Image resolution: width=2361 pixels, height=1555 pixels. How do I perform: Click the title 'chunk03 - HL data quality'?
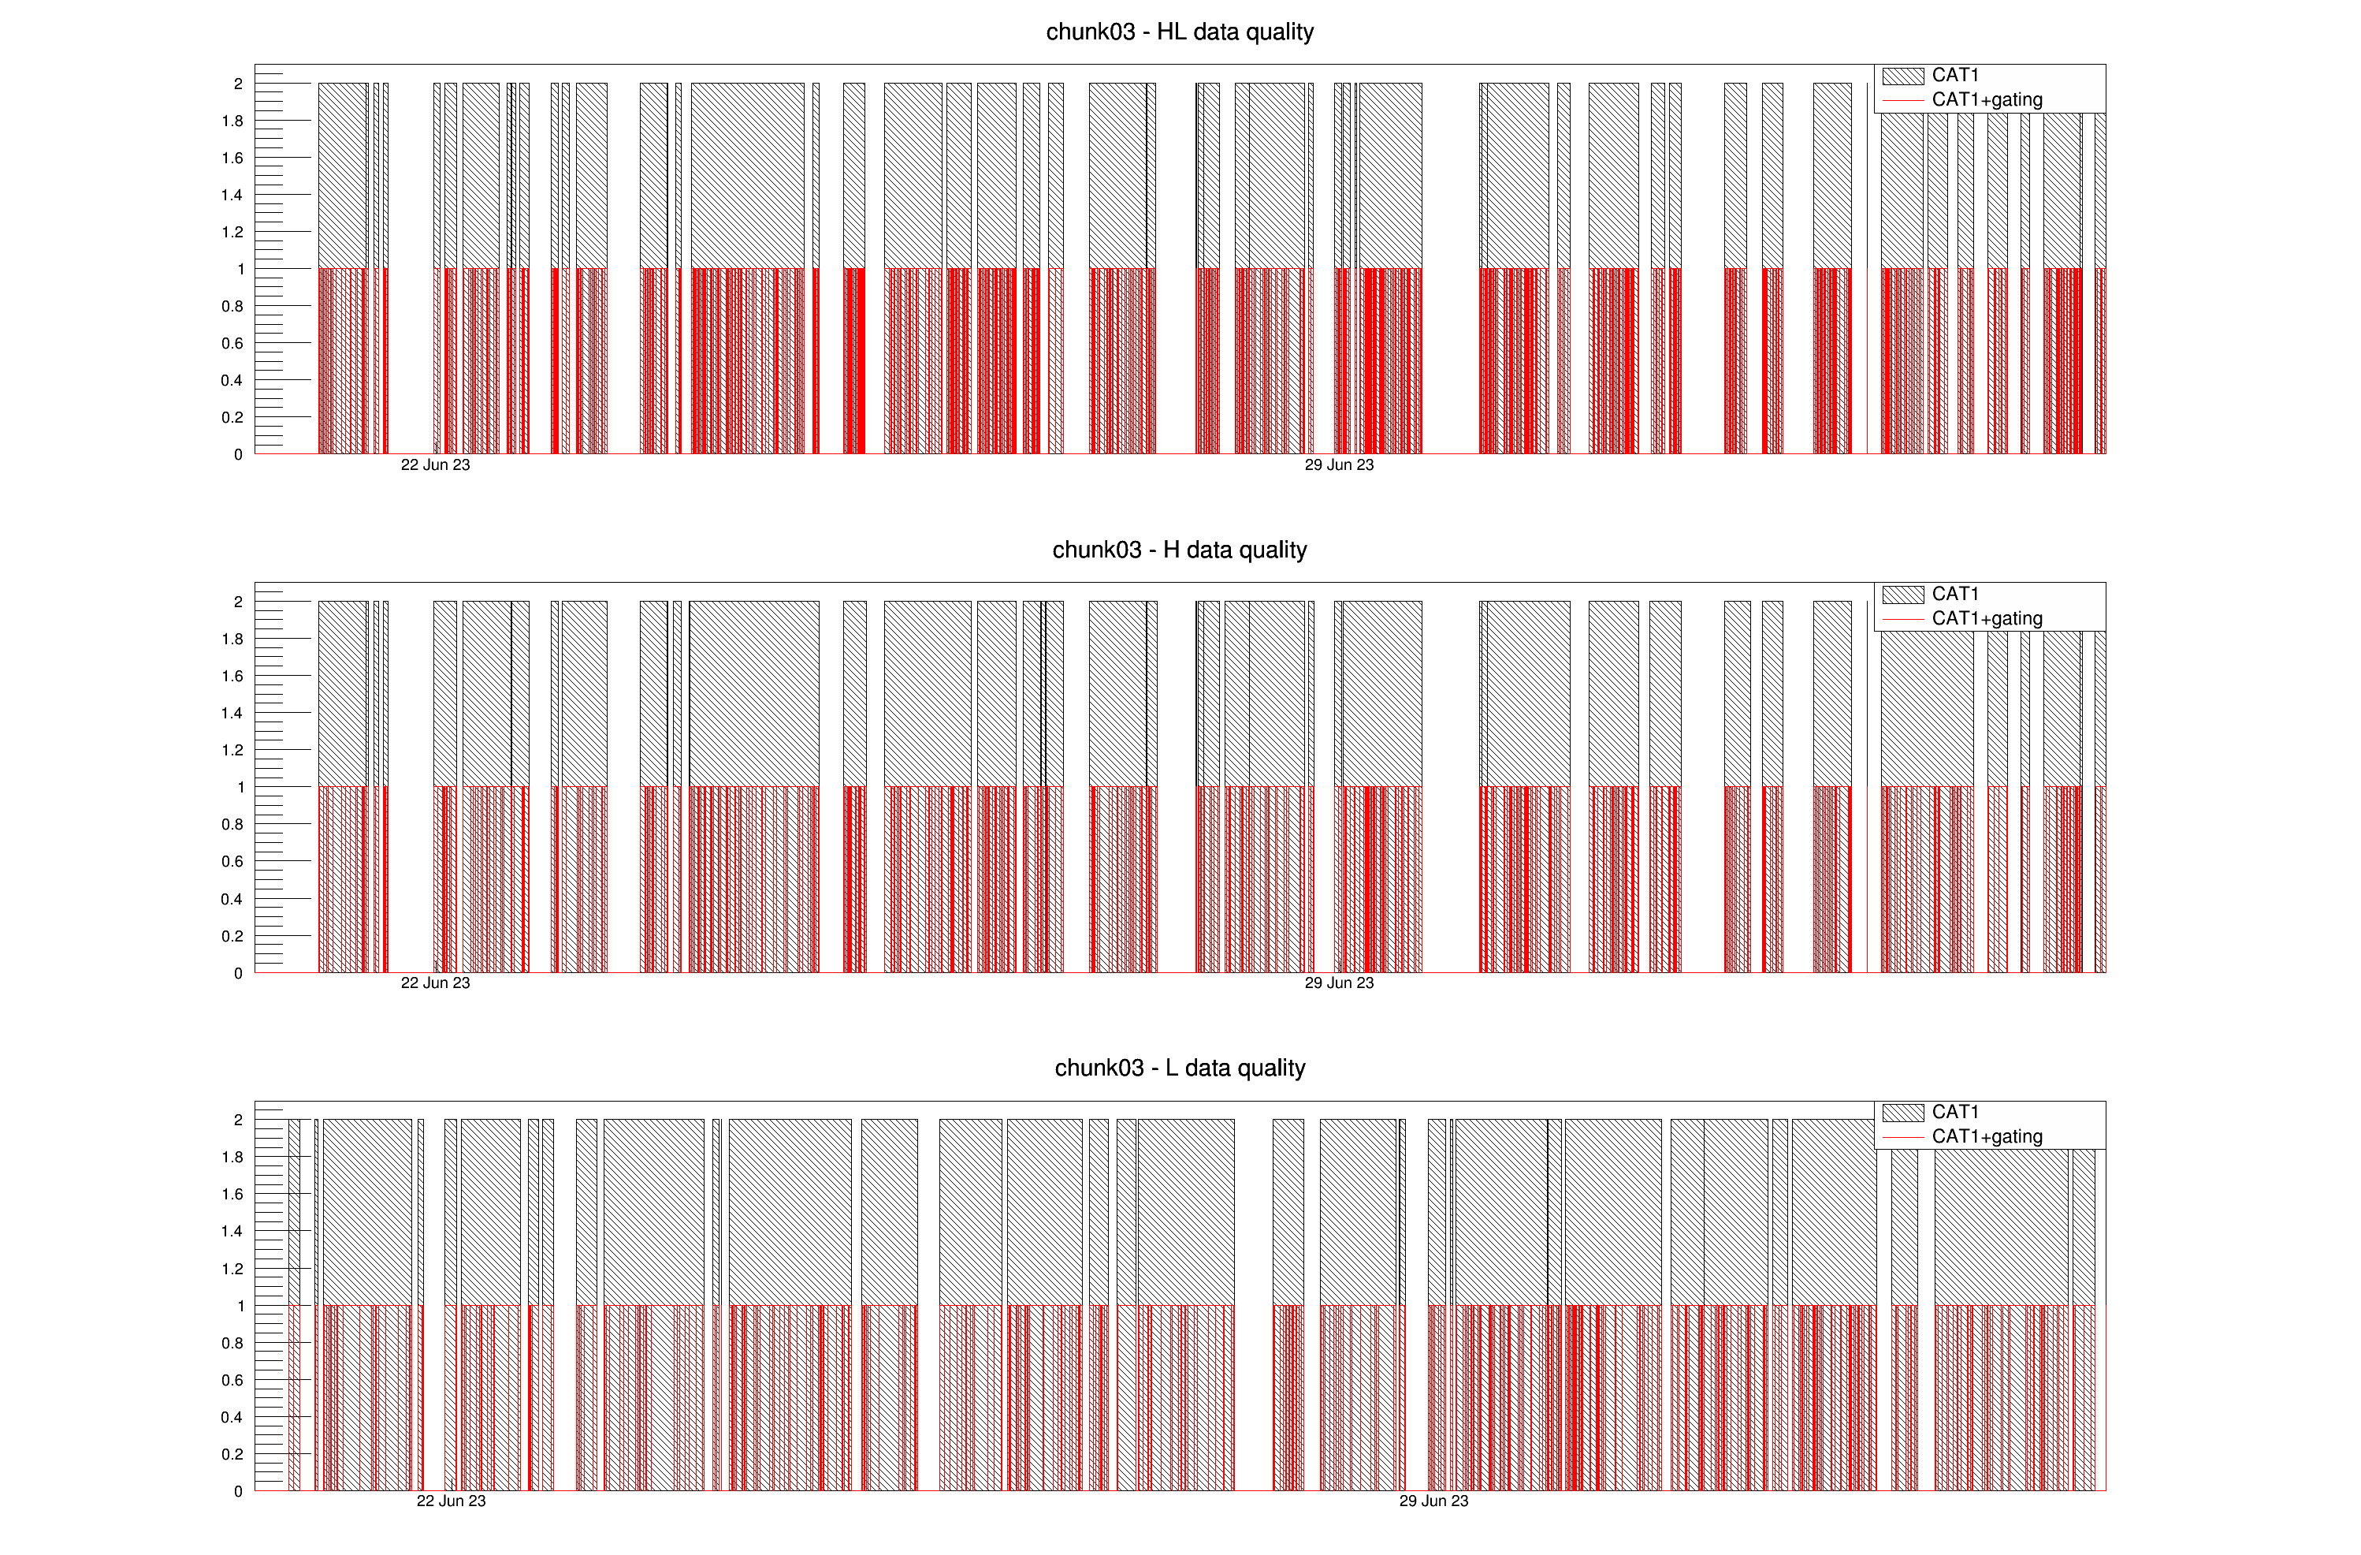1180,32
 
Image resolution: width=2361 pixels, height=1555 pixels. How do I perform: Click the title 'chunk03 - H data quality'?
1180,550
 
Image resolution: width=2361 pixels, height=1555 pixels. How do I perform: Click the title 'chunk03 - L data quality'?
1180,1068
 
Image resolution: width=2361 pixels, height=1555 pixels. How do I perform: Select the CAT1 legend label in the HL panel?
1954,76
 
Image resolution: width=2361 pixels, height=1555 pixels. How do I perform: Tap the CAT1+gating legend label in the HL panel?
1986,99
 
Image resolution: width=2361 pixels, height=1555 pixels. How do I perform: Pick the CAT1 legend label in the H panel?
1954,594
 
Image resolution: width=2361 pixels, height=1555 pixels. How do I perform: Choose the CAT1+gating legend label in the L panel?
1986,1136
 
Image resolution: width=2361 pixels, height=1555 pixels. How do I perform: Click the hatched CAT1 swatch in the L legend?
1902,1113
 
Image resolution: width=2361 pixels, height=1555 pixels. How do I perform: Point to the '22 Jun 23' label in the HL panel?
436,464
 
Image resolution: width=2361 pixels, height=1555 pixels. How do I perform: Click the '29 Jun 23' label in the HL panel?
1338,464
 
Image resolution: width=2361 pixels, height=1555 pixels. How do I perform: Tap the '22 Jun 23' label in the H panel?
436,983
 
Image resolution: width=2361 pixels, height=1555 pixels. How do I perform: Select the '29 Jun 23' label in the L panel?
1433,1501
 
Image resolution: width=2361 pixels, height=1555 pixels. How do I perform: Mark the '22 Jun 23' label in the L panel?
452,1501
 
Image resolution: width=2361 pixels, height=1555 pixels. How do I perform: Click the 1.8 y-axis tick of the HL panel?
232,121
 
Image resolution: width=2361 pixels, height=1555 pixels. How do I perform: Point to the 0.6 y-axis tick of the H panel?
232,861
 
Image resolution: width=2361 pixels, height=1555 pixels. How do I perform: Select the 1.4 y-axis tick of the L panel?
232,1232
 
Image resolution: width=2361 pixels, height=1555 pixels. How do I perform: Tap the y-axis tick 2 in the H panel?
238,602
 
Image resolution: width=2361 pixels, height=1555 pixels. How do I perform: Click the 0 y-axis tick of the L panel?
238,1490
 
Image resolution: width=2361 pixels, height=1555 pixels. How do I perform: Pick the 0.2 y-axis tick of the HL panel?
232,418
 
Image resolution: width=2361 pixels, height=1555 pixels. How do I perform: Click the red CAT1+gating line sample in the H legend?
1902,618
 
